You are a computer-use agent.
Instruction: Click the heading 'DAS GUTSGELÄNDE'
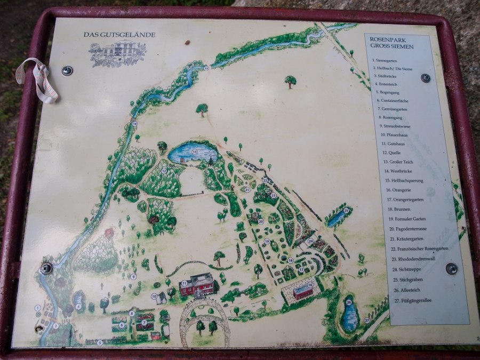click(119, 35)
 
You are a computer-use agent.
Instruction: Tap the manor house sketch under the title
click(117, 54)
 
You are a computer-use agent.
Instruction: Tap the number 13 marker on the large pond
click(194, 152)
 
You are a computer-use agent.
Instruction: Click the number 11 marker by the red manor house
click(184, 283)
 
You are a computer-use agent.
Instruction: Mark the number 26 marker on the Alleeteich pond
click(349, 302)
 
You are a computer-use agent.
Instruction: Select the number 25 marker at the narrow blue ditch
click(346, 211)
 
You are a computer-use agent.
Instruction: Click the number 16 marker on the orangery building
click(309, 285)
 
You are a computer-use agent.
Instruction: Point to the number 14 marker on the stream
click(134, 124)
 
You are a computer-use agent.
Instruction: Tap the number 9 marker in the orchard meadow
click(133, 276)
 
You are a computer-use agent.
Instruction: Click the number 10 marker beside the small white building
click(154, 296)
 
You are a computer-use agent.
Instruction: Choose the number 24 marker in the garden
click(311, 241)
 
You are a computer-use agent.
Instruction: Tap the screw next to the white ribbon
click(67, 70)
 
